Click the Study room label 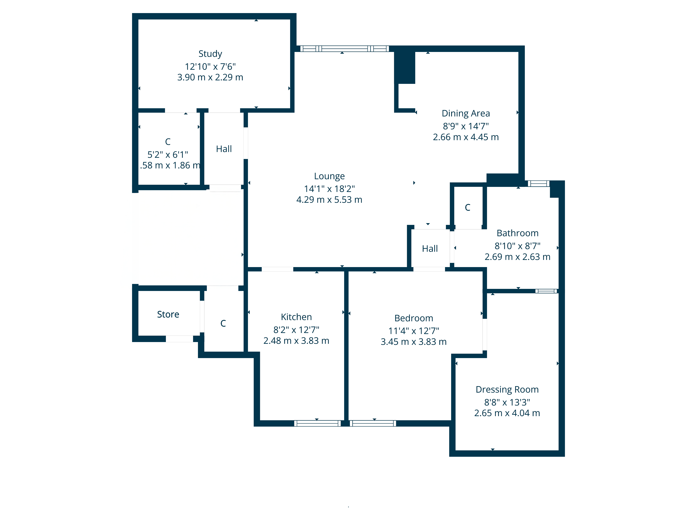point(210,54)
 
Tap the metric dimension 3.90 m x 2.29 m point(210,77)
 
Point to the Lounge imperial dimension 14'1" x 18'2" point(329,189)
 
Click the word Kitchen point(296,317)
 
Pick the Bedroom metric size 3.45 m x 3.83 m point(413,342)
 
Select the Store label point(168,314)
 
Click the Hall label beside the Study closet point(224,149)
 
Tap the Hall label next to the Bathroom point(430,249)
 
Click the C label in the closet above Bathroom point(468,207)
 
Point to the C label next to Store point(223,323)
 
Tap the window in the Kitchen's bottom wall point(317,423)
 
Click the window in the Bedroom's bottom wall point(373,423)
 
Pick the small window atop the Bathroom point(538,183)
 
